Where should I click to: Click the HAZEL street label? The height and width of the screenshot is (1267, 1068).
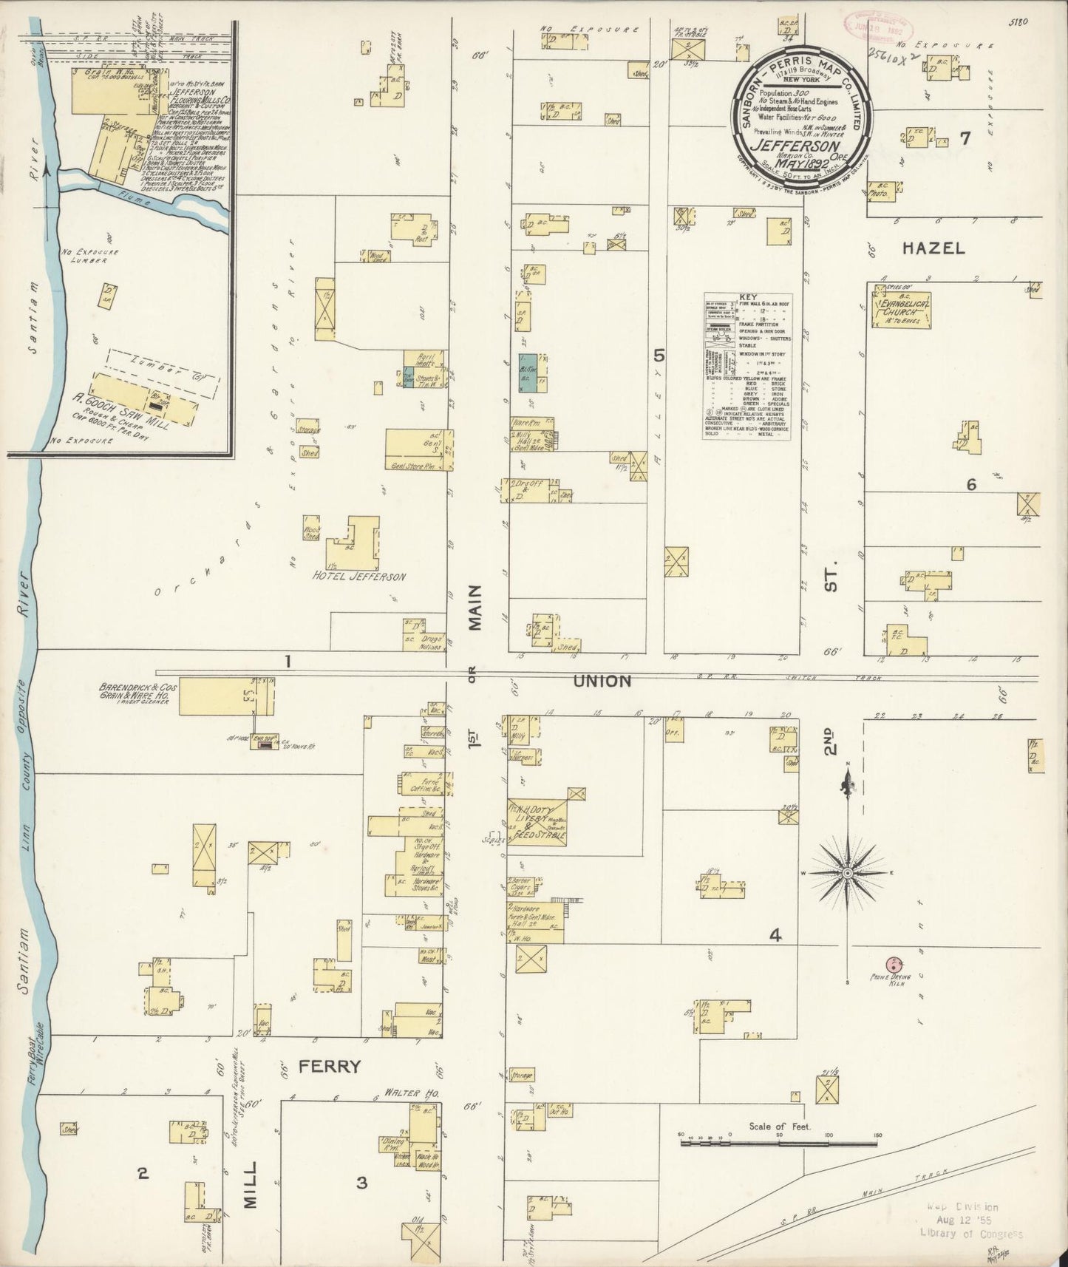point(933,248)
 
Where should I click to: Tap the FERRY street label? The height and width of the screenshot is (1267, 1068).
point(330,1066)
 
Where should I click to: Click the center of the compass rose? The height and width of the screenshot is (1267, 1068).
point(848,873)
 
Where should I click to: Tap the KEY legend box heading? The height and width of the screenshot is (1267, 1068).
point(747,296)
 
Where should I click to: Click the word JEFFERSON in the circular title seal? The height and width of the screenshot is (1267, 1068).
point(789,146)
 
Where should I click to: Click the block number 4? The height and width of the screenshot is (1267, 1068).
point(775,936)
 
